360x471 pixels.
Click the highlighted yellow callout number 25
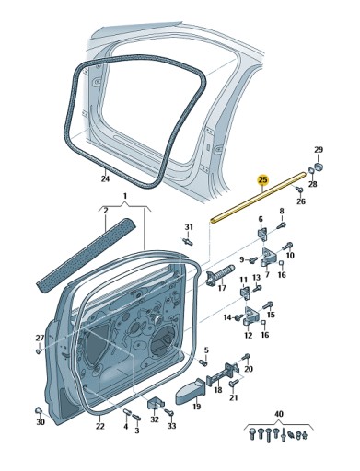(262, 180)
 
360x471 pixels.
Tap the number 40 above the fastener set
(278, 415)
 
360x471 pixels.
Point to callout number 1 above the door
(124, 196)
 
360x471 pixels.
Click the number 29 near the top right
(319, 150)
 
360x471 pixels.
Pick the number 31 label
(189, 226)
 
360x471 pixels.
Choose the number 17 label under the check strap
(222, 288)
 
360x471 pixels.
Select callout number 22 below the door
(100, 425)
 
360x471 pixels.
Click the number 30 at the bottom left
(40, 422)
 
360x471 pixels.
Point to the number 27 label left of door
(39, 338)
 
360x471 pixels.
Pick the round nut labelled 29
(319, 167)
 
